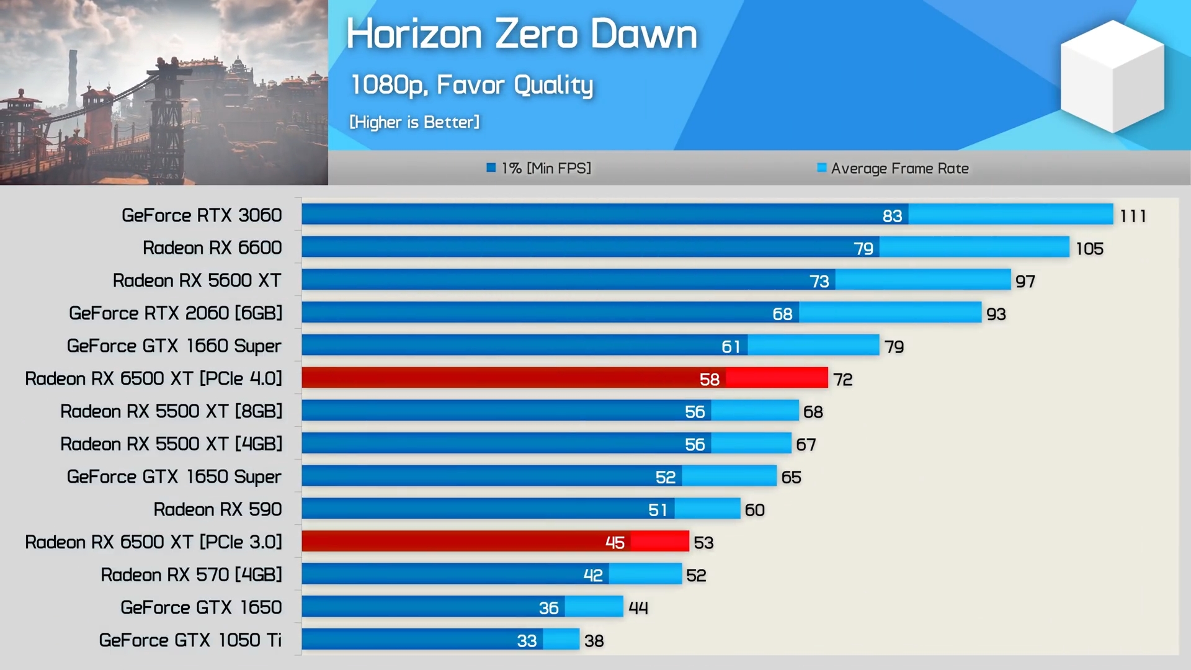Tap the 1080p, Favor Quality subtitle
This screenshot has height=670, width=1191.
click(x=471, y=85)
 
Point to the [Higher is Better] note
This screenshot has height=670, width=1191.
click(x=414, y=122)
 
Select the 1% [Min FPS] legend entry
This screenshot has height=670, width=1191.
click(x=539, y=168)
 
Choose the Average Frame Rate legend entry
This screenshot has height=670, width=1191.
click(x=893, y=168)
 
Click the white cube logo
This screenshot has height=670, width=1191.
click(x=1112, y=76)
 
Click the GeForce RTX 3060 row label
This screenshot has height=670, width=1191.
click(x=202, y=215)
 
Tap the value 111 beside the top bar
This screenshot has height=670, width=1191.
click(x=1133, y=216)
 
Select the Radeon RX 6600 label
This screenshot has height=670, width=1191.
click(x=212, y=248)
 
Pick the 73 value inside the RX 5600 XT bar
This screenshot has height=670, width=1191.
click(x=819, y=281)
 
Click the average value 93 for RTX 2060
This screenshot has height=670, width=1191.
click(x=996, y=314)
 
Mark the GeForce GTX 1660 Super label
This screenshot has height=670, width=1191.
click(x=174, y=346)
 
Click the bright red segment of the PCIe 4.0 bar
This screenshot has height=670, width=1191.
click(x=777, y=378)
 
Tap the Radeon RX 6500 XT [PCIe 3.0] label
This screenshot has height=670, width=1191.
click(x=153, y=542)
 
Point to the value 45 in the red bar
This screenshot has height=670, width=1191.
click(x=615, y=543)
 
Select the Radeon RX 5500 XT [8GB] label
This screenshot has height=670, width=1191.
click(x=171, y=411)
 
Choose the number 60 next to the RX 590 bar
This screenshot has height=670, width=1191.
click(x=754, y=510)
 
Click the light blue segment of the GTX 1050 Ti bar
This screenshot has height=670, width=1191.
click(x=561, y=640)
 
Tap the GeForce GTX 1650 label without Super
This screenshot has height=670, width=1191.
click(x=201, y=607)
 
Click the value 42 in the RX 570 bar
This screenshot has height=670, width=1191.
click(x=593, y=575)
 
